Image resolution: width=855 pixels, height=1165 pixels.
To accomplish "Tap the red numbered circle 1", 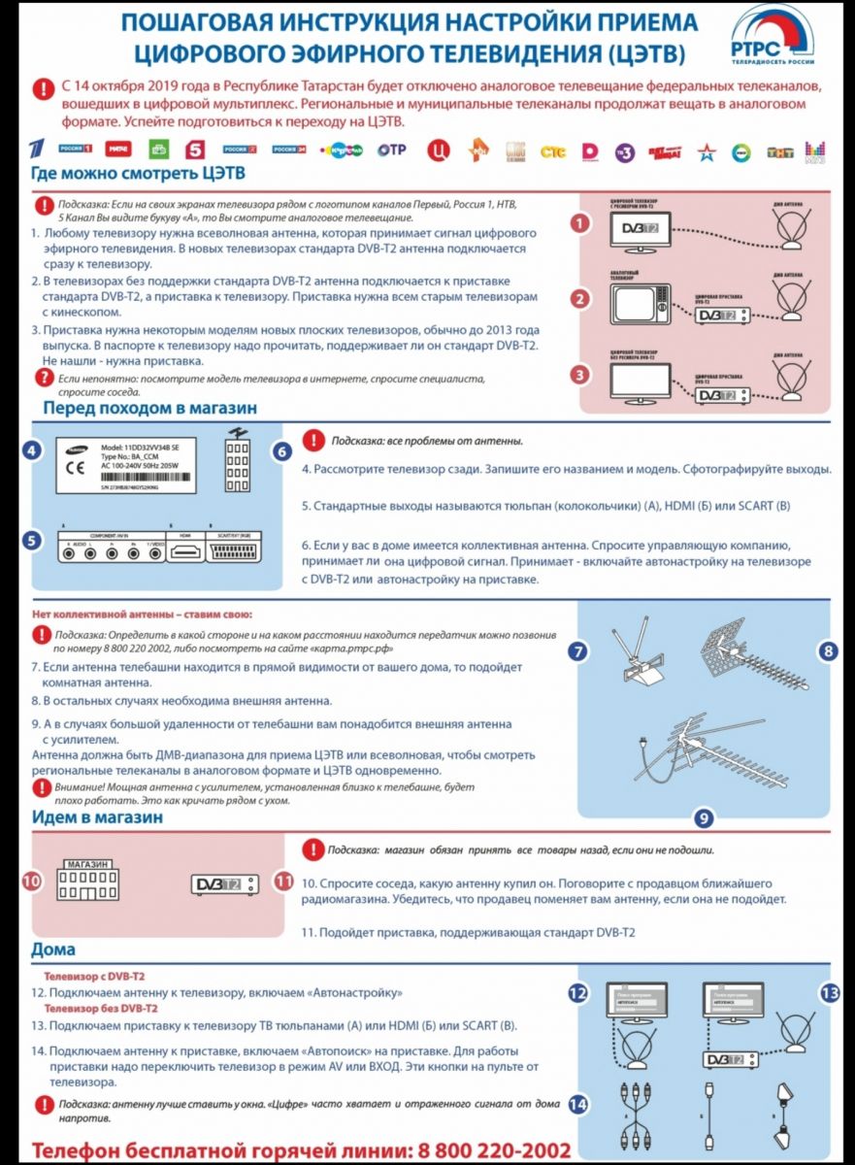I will (579, 223).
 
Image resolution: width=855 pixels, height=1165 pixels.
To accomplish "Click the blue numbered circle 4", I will (33, 451).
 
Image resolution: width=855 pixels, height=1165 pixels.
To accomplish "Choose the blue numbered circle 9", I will (705, 817).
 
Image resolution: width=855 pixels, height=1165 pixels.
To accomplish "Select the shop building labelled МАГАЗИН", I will (86, 880).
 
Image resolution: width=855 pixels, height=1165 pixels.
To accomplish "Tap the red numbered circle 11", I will (283, 882).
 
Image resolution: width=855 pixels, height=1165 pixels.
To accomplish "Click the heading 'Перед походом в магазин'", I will (149, 409).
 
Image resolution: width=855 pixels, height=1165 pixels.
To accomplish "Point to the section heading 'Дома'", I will (53, 949).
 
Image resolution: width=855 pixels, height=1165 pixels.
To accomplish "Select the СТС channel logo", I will (552, 151).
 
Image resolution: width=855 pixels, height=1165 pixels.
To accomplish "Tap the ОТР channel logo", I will (392, 150).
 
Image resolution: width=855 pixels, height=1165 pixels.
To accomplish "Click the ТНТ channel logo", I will (780, 152).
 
